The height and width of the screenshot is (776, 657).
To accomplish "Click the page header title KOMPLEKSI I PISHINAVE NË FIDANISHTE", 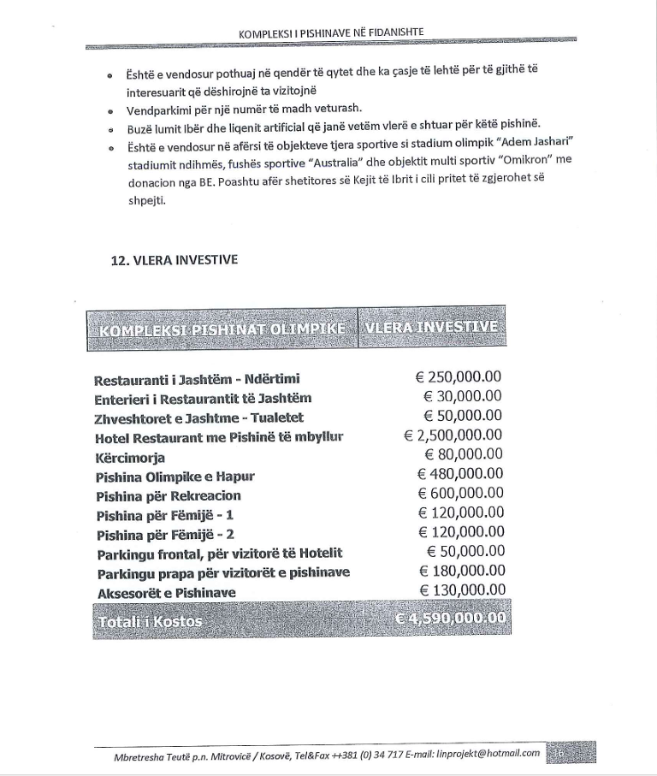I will click(332, 33).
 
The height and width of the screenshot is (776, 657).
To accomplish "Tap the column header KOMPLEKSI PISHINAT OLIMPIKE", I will click(222, 329).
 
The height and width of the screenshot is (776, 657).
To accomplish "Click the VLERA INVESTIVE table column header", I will click(431, 327).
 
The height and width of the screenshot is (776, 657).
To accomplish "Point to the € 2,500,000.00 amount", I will click(453, 435).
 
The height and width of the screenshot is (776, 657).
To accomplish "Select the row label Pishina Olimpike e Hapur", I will click(175, 477).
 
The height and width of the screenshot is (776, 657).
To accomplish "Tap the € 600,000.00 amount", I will click(460, 494).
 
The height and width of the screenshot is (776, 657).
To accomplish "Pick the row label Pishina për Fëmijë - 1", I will click(165, 515).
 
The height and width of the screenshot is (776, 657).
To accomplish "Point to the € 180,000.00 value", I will click(462, 571).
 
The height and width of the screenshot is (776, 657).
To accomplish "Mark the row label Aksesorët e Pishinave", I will click(167, 592).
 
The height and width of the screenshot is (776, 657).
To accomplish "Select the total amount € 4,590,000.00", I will click(451, 618).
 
